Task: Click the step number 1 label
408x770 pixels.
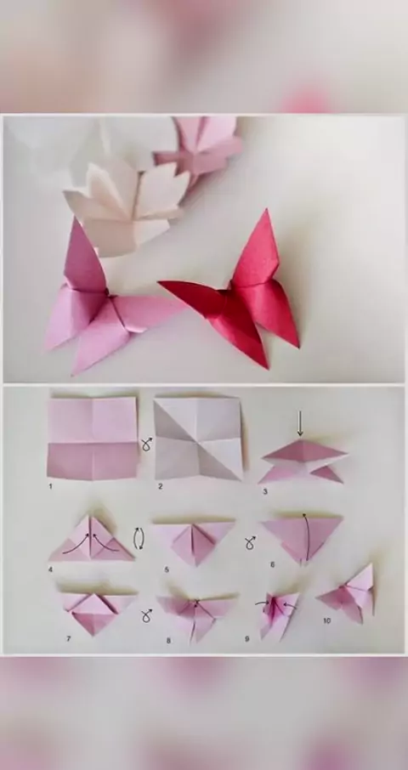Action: [x=50, y=486]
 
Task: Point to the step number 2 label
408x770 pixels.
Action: [x=160, y=486]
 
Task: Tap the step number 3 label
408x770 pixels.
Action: [x=265, y=491]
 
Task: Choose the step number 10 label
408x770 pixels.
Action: [x=327, y=620]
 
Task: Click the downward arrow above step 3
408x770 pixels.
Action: [x=300, y=423]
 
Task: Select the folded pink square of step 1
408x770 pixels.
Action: [x=93, y=438]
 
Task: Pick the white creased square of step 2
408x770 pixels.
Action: [x=198, y=439]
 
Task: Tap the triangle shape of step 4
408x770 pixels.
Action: [x=91, y=539]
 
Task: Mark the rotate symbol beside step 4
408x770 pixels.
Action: [x=139, y=539]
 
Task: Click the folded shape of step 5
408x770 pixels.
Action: [x=194, y=541]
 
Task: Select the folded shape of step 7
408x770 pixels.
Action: [x=97, y=611]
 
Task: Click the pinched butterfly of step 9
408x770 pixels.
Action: [x=277, y=614]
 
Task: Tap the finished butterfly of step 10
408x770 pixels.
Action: [x=348, y=594]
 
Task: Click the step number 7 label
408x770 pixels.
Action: [x=69, y=638]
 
